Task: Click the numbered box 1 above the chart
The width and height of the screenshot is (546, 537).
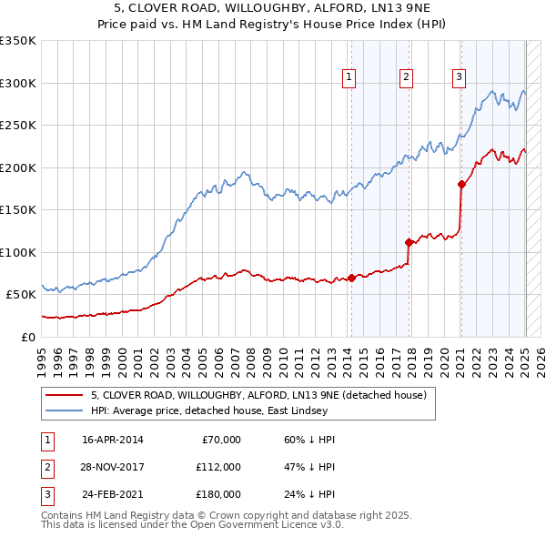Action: click(x=349, y=77)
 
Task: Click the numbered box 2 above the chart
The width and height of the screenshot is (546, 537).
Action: click(x=406, y=77)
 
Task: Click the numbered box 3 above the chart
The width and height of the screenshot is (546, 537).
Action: click(x=460, y=77)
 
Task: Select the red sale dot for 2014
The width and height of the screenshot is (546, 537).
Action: click(x=351, y=278)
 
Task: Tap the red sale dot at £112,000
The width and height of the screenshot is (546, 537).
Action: click(x=409, y=242)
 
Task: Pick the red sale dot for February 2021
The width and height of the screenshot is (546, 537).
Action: click(x=461, y=184)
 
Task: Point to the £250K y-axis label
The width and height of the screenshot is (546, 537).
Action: click(x=18, y=126)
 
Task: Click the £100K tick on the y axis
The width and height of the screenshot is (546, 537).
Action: click(x=18, y=252)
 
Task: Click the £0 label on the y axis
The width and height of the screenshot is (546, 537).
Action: click(x=27, y=337)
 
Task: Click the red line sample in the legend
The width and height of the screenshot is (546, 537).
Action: click(x=64, y=395)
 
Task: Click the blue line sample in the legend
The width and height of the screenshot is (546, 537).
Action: click(x=64, y=410)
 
